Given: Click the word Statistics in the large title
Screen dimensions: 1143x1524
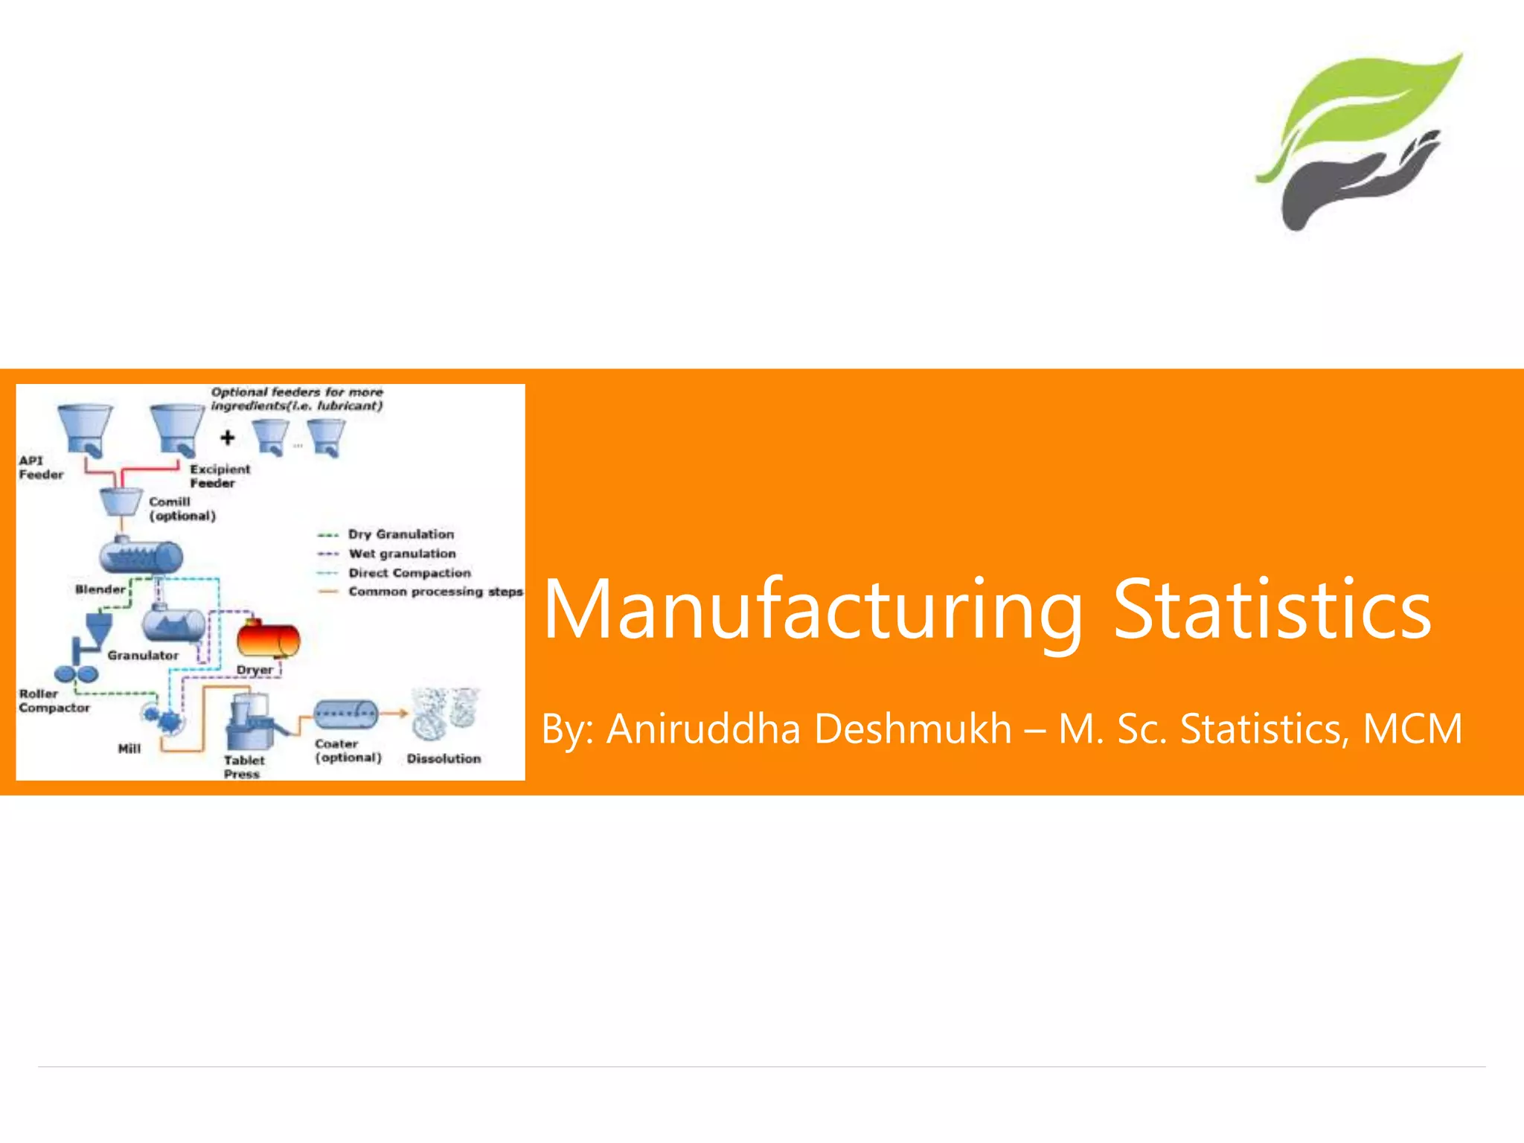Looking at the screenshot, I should [1272, 610].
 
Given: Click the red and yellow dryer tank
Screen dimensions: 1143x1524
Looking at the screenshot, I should [268, 639].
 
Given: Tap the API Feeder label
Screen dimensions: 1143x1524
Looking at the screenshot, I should [41, 467].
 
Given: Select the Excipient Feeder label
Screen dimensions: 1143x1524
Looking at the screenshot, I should [220, 476].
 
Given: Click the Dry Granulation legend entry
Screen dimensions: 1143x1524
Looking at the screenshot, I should [400, 534].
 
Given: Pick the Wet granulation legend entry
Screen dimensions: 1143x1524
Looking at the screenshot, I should [402, 554].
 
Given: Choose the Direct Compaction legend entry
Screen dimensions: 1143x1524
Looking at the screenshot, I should [409, 573].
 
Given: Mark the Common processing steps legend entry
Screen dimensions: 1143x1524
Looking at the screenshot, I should [435, 592].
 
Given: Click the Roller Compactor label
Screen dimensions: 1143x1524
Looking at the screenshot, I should [54, 700].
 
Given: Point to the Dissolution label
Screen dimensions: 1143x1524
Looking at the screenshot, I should [444, 758].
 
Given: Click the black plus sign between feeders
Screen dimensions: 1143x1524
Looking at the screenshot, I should [228, 438].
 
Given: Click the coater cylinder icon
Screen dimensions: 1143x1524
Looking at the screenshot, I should [345, 714].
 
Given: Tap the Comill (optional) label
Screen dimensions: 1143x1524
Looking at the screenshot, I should [182, 509].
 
